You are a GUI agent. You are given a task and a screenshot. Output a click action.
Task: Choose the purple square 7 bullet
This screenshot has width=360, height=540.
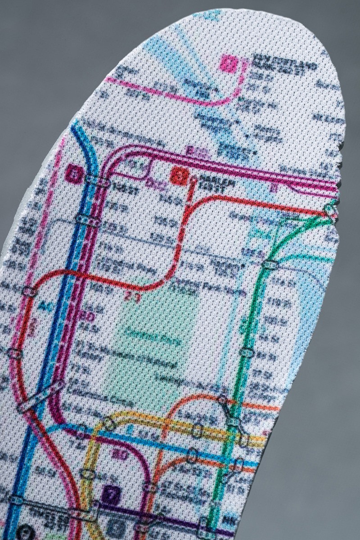pyautogui.click(x=110, y=495)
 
